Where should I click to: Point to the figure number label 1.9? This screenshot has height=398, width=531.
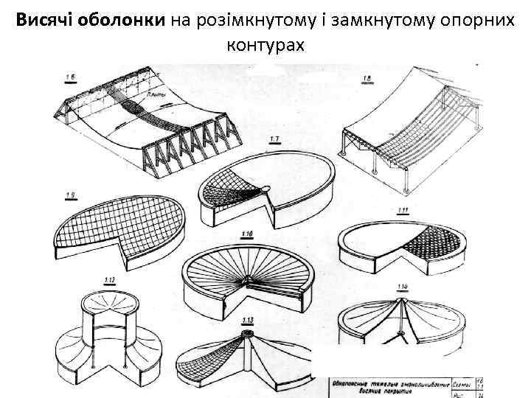71,195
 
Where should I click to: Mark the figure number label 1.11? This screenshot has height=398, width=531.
403,211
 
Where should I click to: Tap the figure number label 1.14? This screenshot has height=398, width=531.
403,286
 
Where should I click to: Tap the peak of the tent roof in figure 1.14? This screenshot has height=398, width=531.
403,301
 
